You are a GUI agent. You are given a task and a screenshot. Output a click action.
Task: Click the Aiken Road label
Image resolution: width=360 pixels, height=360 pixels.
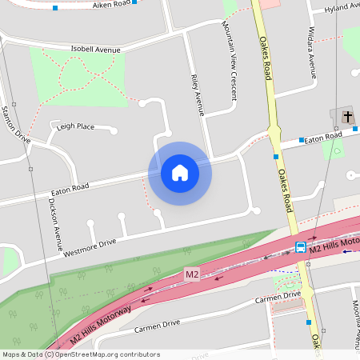pos(111,5)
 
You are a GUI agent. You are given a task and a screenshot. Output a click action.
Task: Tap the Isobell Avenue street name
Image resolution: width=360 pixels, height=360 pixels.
pos(95,49)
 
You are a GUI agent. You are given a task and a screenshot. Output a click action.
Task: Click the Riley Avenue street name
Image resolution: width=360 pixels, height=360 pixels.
pos(198,95)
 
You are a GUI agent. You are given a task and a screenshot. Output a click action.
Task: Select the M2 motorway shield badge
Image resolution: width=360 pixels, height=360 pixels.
pos(191,274)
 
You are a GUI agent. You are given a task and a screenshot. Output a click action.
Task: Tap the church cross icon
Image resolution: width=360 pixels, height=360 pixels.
pos(347,118)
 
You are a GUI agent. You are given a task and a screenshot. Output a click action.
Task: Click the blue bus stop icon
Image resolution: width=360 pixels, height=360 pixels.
pos(301,247)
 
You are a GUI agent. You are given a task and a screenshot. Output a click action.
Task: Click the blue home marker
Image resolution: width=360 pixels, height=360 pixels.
pos(180,173)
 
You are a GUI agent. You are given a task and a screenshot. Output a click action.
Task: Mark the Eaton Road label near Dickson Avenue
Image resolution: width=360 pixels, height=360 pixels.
pos(69,189)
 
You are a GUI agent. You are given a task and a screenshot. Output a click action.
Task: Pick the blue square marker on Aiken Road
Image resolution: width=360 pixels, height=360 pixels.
pos(54,8)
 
